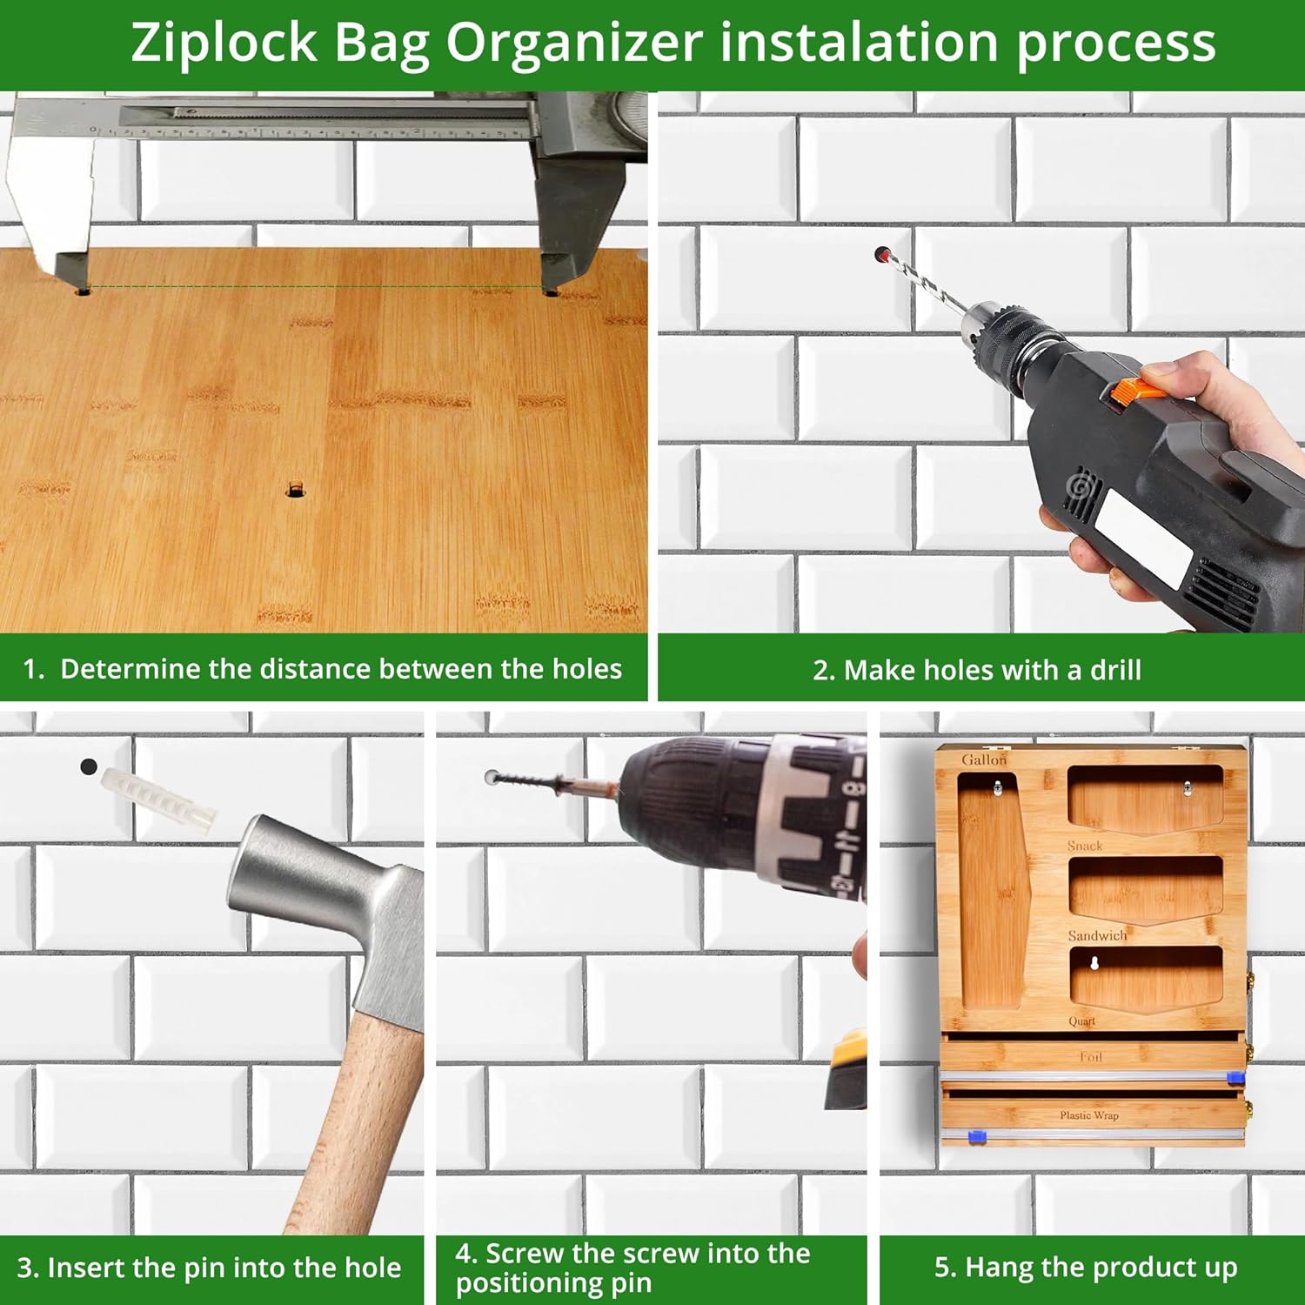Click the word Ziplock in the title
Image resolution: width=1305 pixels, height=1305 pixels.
click(224, 43)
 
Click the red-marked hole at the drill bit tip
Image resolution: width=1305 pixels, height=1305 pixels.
click(882, 254)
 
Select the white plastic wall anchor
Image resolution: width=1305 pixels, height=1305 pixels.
click(158, 800)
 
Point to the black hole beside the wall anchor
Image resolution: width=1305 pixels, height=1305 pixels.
click(88, 766)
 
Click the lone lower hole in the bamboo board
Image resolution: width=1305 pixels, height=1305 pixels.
click(296, 491)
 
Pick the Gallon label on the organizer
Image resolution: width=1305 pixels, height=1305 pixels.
click(984, 760)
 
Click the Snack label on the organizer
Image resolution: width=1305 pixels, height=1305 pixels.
click(1085, 846)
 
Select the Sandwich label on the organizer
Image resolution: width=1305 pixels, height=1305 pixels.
click(1097, 935)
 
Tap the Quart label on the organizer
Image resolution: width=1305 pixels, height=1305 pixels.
click(1082, 1021)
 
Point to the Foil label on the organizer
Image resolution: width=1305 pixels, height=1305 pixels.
click(1091, 1057)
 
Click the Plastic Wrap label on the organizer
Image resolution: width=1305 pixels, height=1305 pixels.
click(1089, 1115)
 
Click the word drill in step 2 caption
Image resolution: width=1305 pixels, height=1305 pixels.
click(1115, 669)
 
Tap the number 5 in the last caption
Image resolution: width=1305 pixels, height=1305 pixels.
click(942, 1267)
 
